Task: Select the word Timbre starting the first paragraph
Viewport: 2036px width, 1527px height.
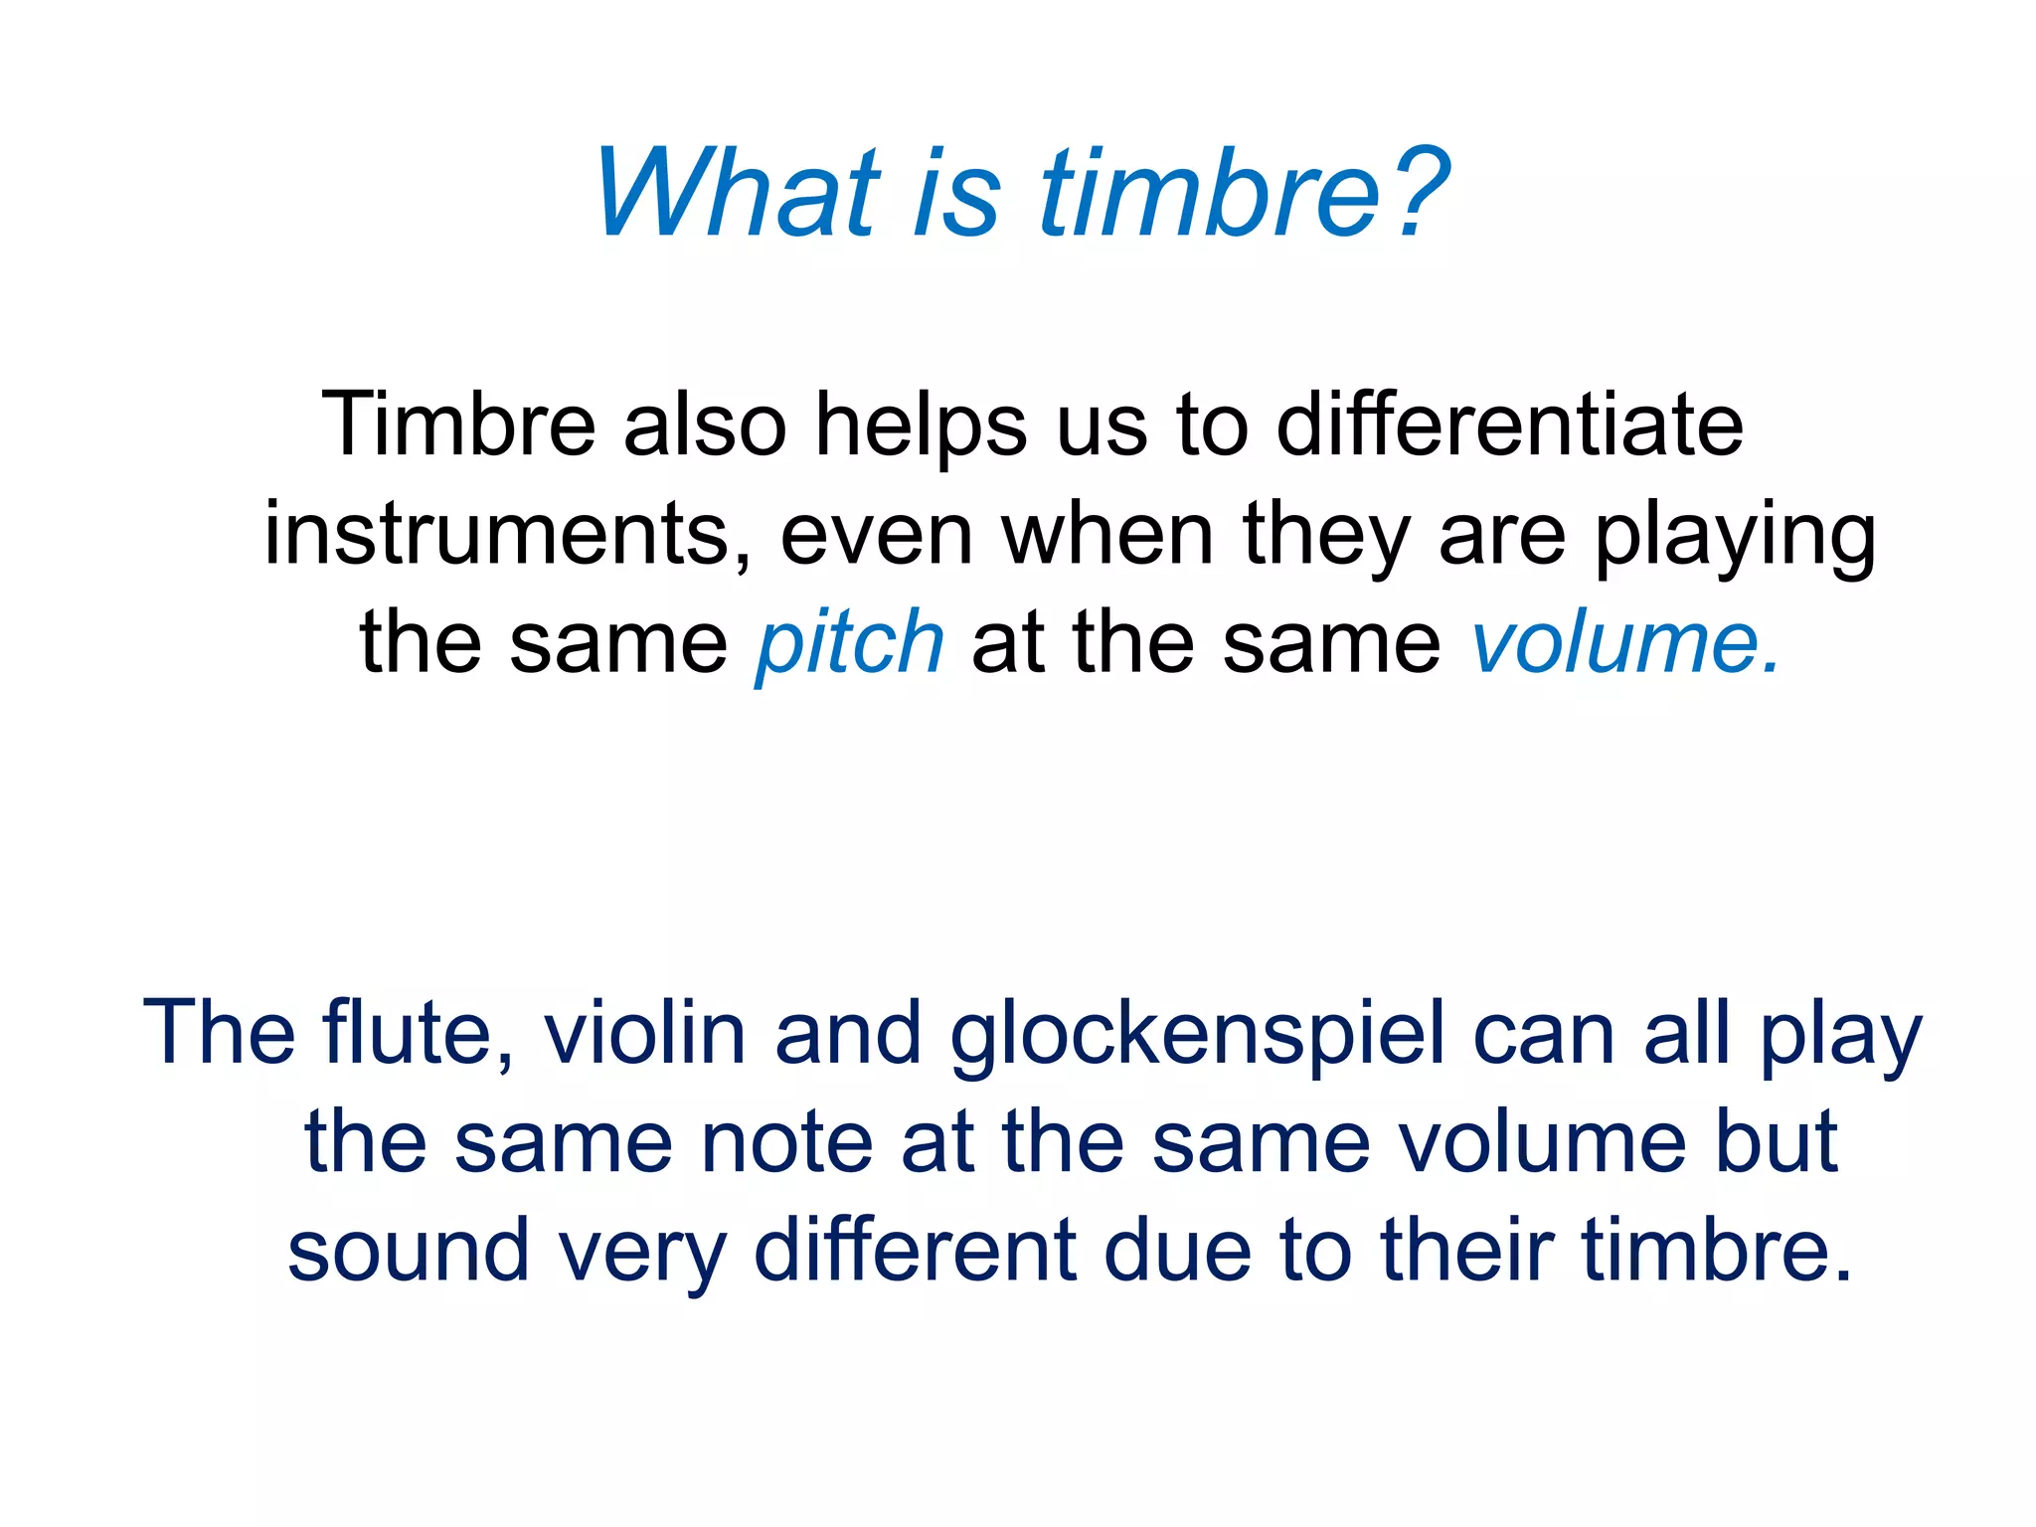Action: tap(458, 425)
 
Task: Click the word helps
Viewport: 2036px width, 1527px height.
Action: tap(921, 425)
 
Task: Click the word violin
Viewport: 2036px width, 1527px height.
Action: tap(645, 1034)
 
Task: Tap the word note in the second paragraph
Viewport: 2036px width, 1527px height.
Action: tap(786, 1143)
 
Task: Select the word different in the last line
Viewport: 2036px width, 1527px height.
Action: tap(916, 1251)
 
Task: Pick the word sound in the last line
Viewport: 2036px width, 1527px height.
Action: tap(409, 1251)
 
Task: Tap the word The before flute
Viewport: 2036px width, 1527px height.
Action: tap(219, 1034)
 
